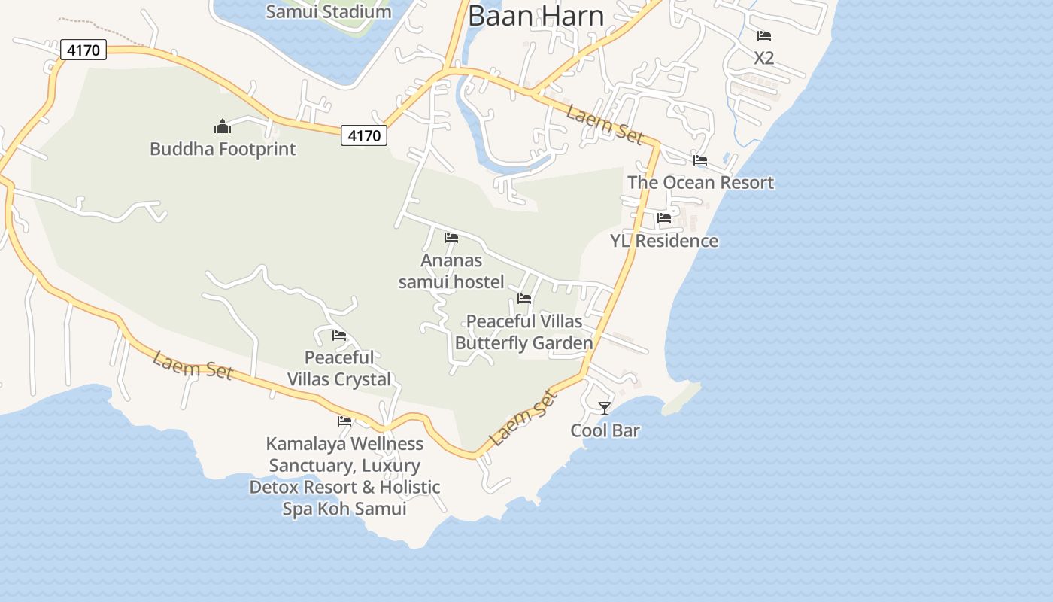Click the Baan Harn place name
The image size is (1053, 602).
536,16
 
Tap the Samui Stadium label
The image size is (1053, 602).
329,11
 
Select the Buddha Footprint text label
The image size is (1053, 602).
223,148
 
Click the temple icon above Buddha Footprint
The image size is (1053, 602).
222,125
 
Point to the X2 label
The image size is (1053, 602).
763,58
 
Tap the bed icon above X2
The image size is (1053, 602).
764,36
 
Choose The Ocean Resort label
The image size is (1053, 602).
700,182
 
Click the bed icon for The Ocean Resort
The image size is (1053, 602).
700,160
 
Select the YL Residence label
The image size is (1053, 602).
664,241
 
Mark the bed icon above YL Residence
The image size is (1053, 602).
664,219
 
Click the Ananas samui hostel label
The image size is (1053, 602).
451,271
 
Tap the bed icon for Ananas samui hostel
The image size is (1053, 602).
451,238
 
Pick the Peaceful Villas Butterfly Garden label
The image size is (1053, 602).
524,332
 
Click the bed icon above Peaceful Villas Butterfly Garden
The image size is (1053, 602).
524,299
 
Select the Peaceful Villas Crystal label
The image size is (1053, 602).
339,368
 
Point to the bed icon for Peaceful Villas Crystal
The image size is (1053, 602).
339,336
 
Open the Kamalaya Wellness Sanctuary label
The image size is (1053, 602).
344,476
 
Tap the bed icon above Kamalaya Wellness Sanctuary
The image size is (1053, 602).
344,421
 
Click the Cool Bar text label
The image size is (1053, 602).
605,430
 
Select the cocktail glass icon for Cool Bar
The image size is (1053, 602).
604,409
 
